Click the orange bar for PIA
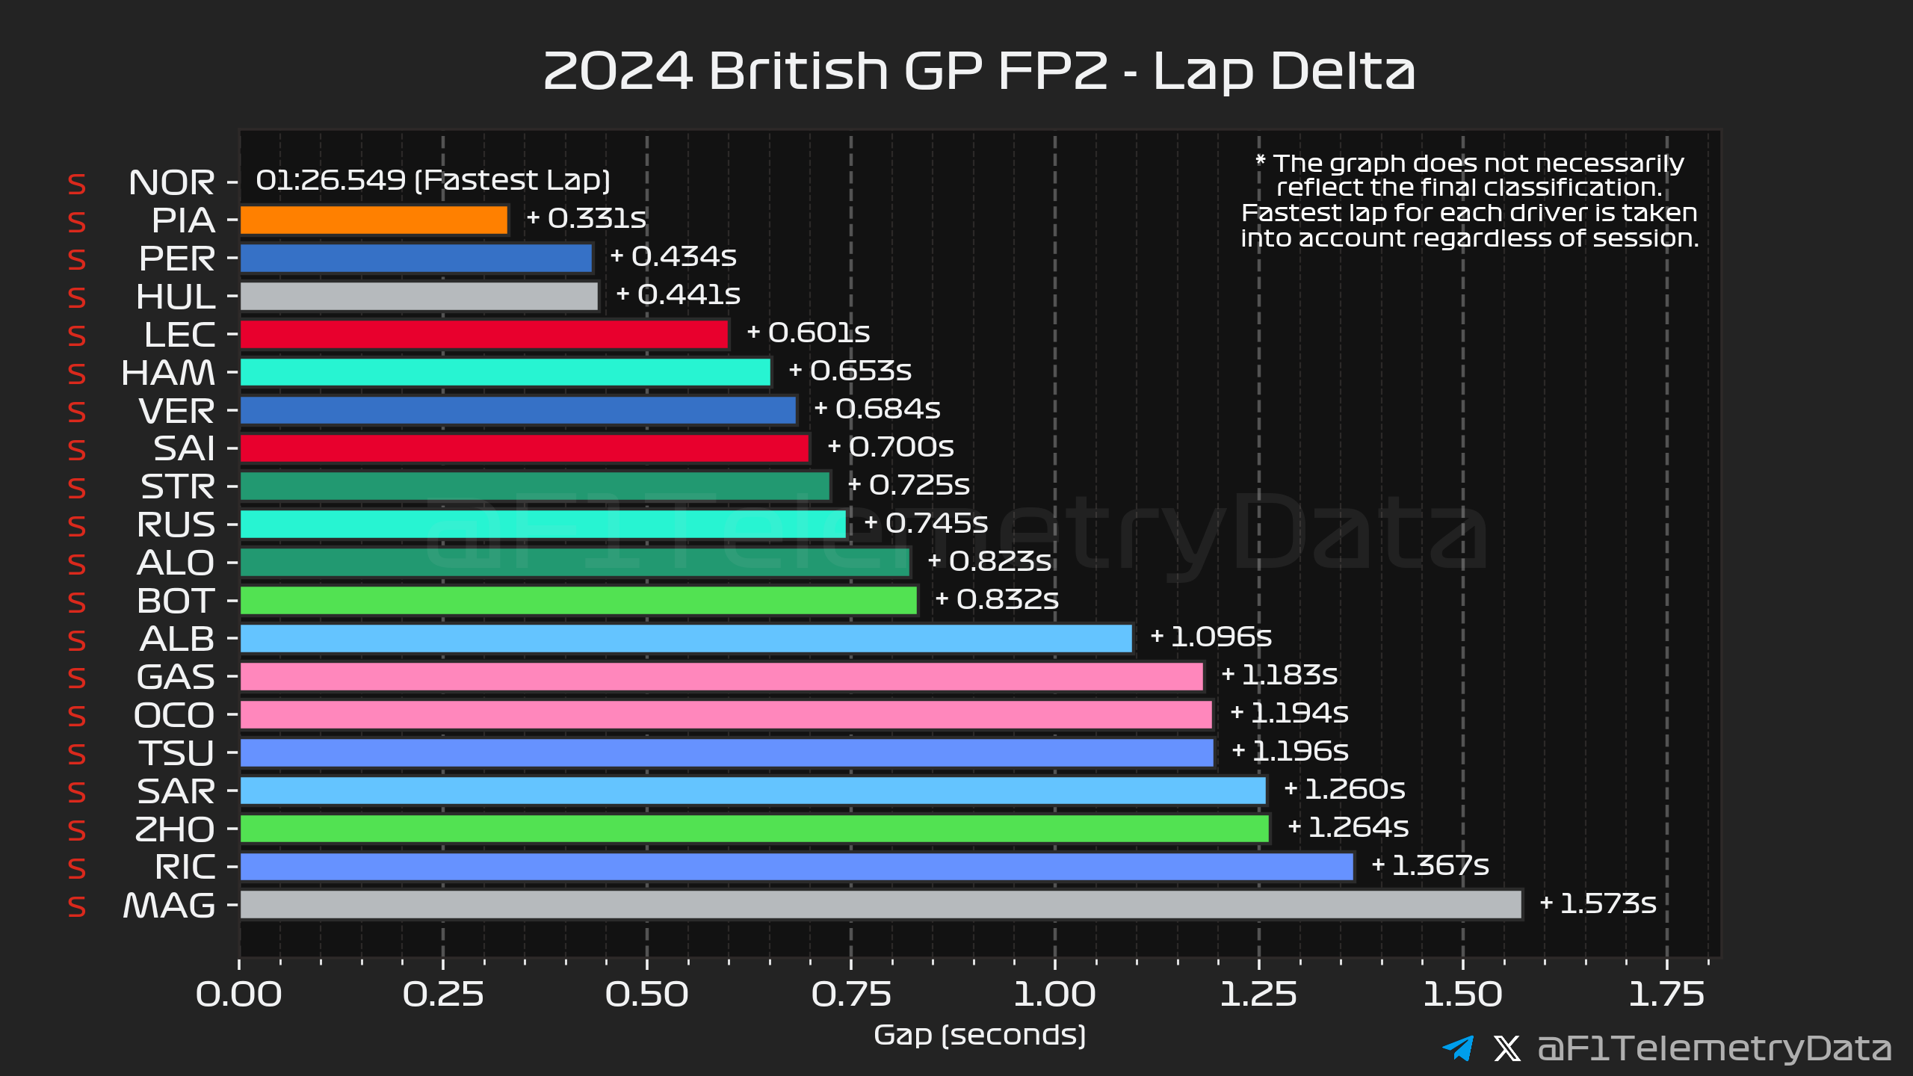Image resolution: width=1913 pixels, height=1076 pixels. point(374,220)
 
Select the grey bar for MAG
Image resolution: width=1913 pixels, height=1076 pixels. point(880,904)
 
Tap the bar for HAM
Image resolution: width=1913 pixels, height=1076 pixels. point(504,372)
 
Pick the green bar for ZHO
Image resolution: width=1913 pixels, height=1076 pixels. point(754,828)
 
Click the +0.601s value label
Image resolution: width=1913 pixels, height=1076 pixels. point(809,333)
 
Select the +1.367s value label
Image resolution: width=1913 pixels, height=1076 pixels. point(1430,865)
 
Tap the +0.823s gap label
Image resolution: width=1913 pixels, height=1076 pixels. point(989,561)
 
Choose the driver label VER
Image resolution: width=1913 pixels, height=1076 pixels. point(176,411)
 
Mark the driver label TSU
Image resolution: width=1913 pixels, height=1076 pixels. point(176,753)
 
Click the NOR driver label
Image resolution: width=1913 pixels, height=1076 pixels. point(171,182)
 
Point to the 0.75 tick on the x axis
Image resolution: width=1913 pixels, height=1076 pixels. point(851,995)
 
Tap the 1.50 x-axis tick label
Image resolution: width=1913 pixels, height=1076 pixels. point(1462,995)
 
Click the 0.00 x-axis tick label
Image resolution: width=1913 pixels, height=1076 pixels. point(239,995)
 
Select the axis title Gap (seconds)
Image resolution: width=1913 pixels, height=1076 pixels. point(980,1036)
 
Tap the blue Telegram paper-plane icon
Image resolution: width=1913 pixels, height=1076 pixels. point(1458,1048)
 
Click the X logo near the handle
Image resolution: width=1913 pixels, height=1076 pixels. point(1507,1048)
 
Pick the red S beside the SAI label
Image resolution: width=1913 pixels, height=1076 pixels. point(77,450)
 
